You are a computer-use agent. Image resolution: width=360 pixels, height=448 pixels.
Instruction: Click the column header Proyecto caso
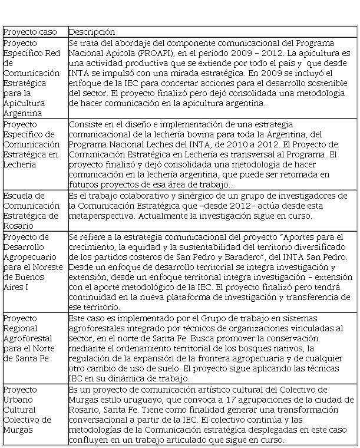pos(29,32)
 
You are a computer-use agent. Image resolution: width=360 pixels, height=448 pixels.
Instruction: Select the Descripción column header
pos(92,32)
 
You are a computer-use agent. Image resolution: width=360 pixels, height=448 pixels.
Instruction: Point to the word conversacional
pos(103,420)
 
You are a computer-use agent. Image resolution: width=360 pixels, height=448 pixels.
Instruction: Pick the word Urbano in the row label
pos(18,399)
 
